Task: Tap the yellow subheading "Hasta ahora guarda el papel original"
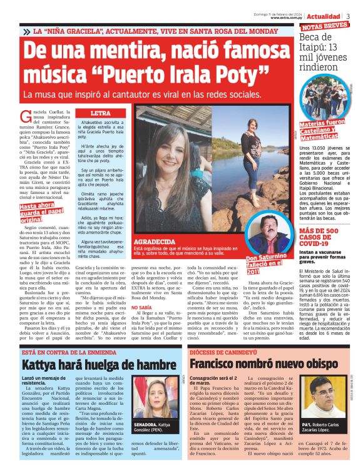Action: tap(41, 212)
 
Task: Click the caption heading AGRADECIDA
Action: tap(155, 240)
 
